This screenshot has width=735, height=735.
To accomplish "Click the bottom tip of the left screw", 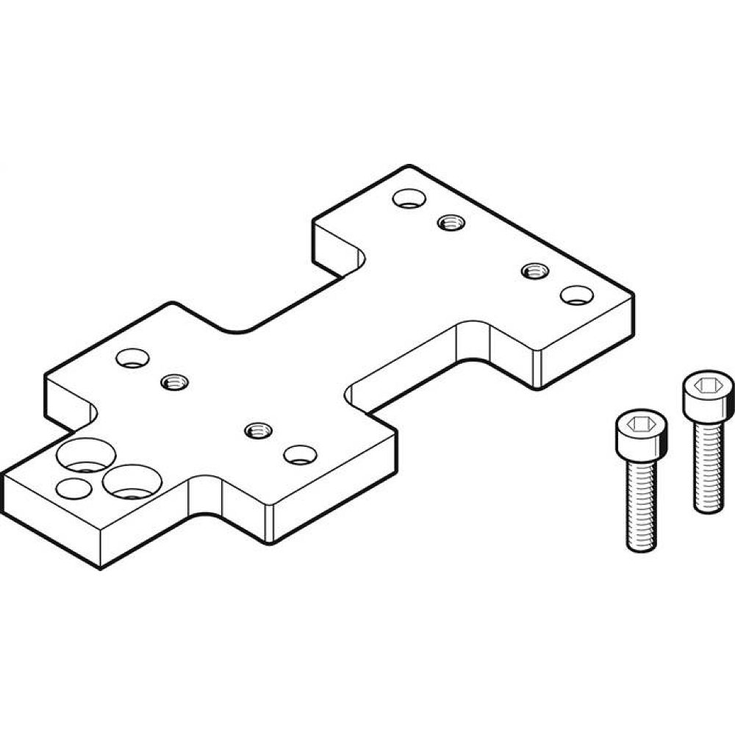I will tap(642, 548).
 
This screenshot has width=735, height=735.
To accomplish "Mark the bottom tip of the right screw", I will tap(709, 509).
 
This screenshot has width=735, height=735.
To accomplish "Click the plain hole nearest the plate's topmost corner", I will tap(408, 198).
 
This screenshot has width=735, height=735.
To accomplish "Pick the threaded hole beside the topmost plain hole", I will tap(450, 221).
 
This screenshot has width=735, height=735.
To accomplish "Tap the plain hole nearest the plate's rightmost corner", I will tap(576, 295).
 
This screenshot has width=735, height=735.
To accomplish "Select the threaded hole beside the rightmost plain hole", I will tap(534, 270).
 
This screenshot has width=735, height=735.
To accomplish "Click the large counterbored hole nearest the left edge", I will tap(87, 455).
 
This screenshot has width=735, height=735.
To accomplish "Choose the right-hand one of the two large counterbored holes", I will tap(132, 482).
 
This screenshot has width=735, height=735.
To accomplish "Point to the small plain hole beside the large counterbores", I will tap(73, 488).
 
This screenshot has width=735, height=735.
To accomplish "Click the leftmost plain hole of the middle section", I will tap(132, 358).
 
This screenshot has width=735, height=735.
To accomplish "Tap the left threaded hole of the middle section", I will tap(174, 381).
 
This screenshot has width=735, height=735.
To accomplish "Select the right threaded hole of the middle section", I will tap(257, 430).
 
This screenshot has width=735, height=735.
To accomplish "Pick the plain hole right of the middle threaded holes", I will tap(300, 454).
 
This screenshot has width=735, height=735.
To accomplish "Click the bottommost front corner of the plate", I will tap(100, 567).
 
